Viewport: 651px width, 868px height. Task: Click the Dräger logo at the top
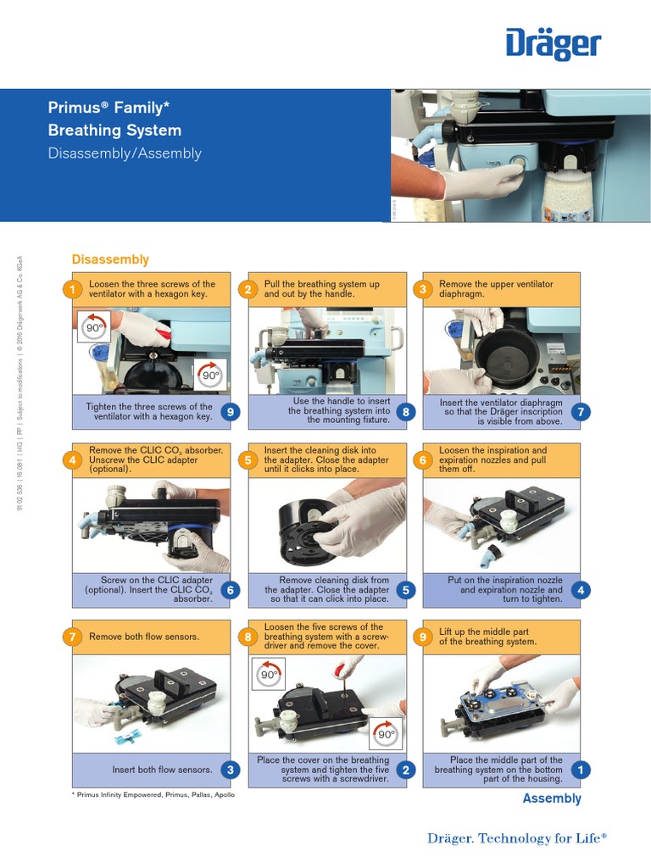pyautogui.click(x=554, y=44)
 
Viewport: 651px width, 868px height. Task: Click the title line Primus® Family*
pyautogui.click(x=108, y=108)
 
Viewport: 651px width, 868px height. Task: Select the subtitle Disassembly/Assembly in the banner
pyautogui.click(x=125, y=153)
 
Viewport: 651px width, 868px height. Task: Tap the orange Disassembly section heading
pyautogui.click(x=110, y=259)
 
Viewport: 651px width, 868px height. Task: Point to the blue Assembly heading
pyautogui.click(x=552, y=798)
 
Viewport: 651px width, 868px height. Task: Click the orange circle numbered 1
pyautogui.click(x=73, y=290)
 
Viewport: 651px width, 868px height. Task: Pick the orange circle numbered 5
pyautogui.click(x=248, y=460)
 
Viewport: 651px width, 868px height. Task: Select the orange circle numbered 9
pyautogui.click(x=423, y=637)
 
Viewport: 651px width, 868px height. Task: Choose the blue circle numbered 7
pyautogui.click(x=581, y=412)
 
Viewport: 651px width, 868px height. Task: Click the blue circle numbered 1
pyautogui.click(x=581, y=770)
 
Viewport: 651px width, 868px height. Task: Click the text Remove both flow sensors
pyautogui.click(x=144, y=637)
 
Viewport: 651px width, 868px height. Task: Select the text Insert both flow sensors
pyautogui.click(x=162, y=770)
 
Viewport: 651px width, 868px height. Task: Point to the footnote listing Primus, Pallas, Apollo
pyautogui.click(x=153, y=795)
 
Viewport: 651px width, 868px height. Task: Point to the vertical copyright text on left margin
pyautogui.click(x=20, y=381)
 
